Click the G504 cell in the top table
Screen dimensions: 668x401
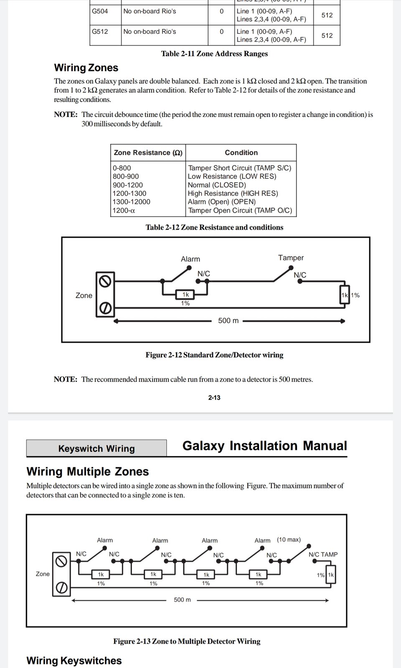(100, 11)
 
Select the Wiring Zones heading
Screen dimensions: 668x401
(86, 68)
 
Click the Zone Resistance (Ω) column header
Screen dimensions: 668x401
(148, 153)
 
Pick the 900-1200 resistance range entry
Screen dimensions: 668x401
(128, 185)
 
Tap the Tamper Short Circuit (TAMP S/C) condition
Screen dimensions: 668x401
(240, 168)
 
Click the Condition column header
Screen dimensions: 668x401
(241, 153)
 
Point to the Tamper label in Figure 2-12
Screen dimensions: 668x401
(291, 258)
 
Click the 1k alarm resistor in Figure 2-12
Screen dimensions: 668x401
(185, 295)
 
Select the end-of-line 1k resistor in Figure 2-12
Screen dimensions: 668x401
(345, 295)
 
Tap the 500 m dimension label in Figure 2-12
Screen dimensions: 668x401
(228, 321)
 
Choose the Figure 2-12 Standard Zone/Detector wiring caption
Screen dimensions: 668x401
(214, 355)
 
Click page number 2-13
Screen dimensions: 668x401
(214, 397)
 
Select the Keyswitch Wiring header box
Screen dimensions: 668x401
(96, 448)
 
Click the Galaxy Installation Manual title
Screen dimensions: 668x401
(264, 446)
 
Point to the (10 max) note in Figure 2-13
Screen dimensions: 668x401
(289, 539)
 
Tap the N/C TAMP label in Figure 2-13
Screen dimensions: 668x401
(323, 554)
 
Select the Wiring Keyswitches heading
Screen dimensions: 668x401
(74, 660)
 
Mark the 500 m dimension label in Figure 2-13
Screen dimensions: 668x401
(182, 600)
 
